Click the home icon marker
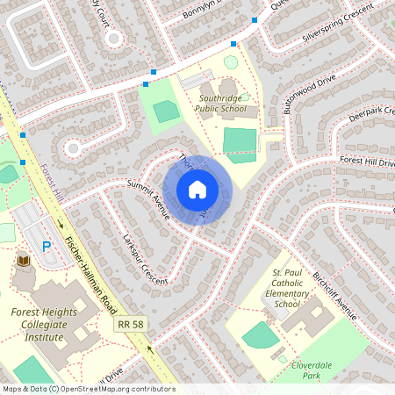(197, 190)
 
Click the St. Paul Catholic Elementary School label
(287, 291)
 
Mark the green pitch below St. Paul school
(260, 334)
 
